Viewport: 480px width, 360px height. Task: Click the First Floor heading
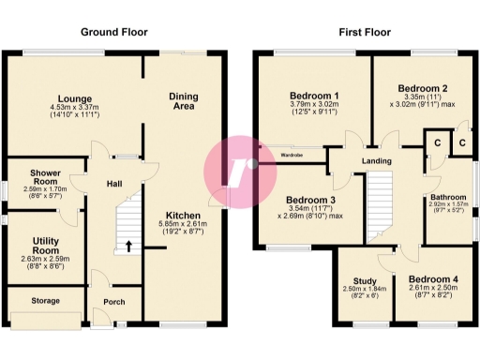coord(365,31)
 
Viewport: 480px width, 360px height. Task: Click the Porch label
coord(114,302)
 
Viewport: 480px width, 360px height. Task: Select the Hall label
coord(114,184)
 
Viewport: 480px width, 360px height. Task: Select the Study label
coord(365,279)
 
